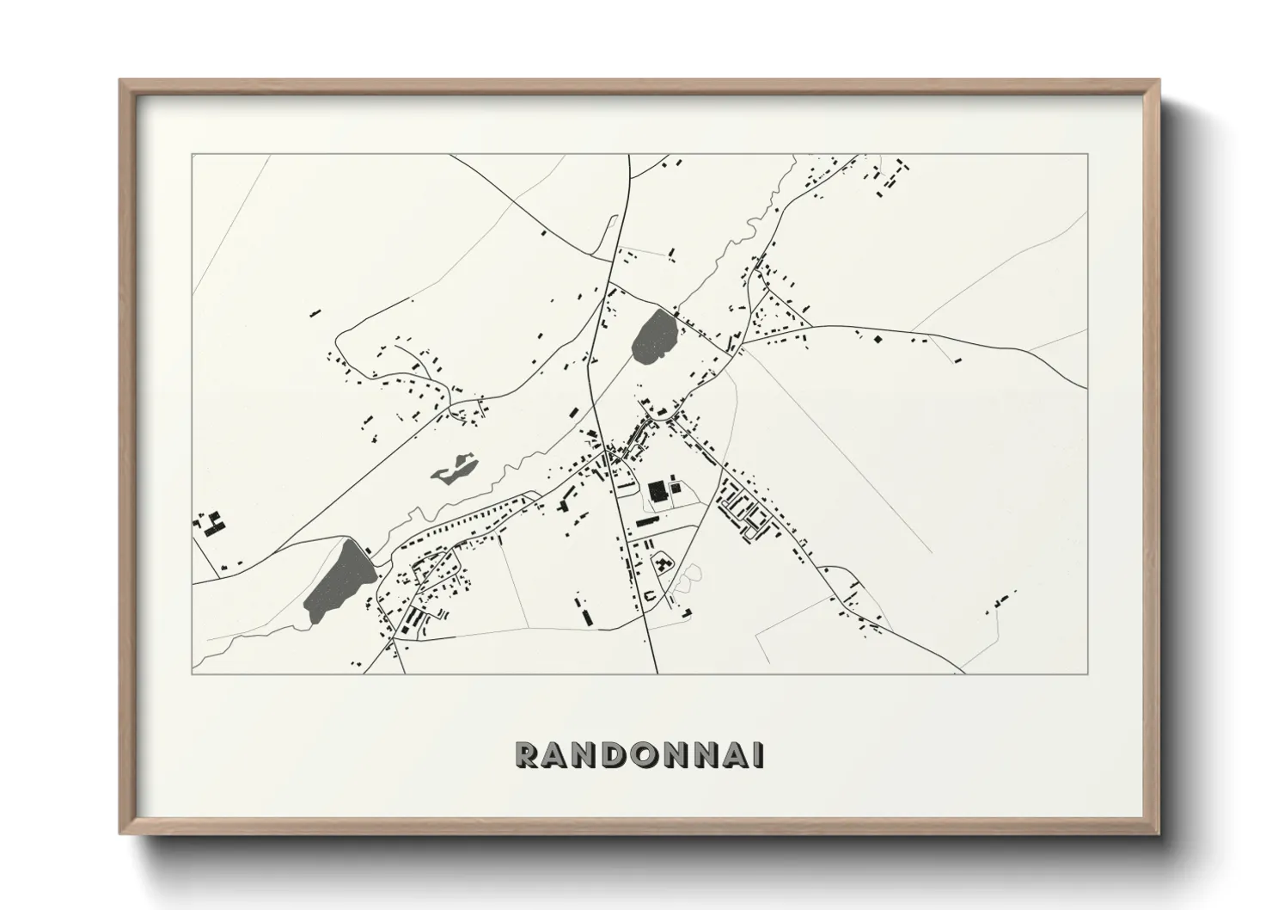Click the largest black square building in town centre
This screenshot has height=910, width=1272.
click(x=658, y=491)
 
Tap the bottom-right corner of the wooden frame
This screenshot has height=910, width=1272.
click(x=1159, y=835)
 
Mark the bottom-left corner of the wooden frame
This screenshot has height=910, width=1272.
click(x=120, y=835)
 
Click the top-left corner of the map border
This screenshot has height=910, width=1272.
click(x=193, y=155)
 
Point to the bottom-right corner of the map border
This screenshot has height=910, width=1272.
click(x=1088, y=673)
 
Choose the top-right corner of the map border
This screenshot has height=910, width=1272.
click(x=1088, y=155)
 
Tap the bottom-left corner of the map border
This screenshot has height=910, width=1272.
click(x=193, y=673)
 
